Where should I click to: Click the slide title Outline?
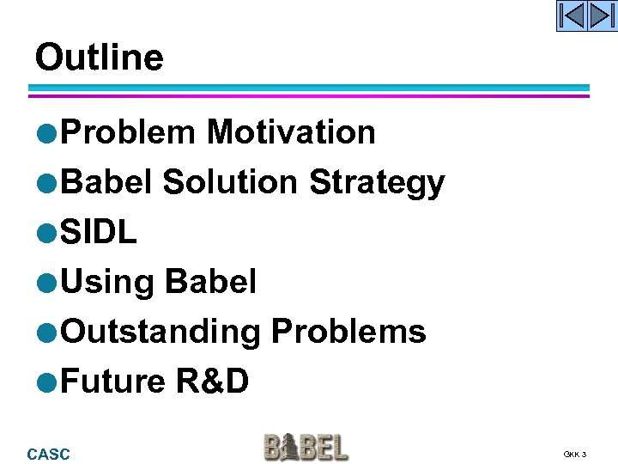[x=99, y=58]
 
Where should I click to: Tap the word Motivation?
[x=291, y=132]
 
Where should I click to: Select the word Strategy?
[x=377, y=182]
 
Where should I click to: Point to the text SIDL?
[x=100, y=232]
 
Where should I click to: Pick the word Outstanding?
[x=161, y=332]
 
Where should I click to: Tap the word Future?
[x=113, y=381]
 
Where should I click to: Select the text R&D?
[x=212, y=381]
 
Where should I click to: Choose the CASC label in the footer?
[x=49, y=454]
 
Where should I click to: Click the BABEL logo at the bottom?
[x=306, y=448]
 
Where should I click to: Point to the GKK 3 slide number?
[x=575, y=454]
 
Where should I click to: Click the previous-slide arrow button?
[x=572, y=15]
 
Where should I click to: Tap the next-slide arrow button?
[x=603, y=15]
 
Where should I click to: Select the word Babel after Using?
[x=210, y=282]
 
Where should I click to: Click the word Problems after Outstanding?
[x=348, y=332]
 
